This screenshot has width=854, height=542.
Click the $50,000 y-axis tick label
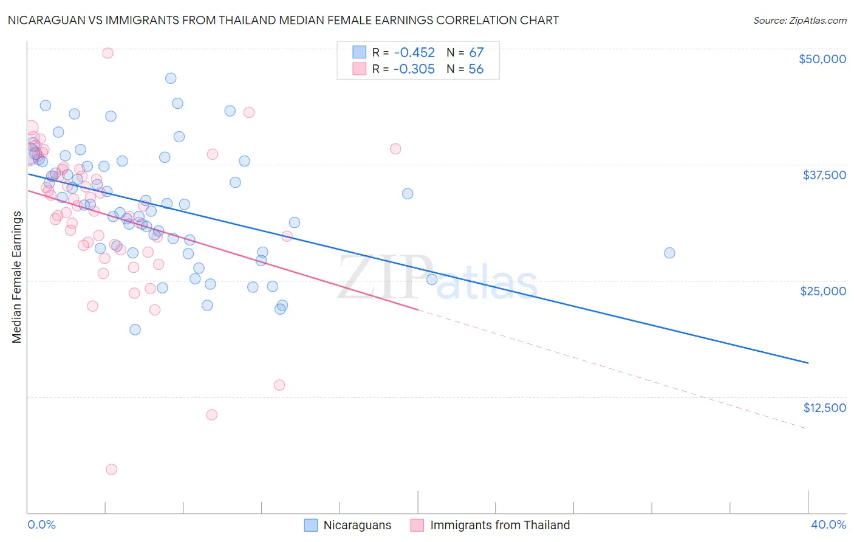[x=822, y=59]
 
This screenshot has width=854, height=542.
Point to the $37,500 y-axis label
[x=824, y=175]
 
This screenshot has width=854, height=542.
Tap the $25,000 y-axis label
[x=822, y=291]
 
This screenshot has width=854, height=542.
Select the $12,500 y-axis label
[x=824, y=408]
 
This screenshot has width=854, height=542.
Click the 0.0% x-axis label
[x=41, y=524]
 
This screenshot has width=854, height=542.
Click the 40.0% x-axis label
[x=828, y=524]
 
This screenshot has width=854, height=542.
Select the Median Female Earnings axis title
[x=17, y=277]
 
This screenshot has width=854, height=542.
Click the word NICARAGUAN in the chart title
[x=47, y=20]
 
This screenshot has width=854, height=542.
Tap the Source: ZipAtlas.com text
[x=799, y=20]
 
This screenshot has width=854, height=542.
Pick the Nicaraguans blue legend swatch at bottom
[x=311, y=525]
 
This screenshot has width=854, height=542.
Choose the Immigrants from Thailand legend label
[x=500, y=525]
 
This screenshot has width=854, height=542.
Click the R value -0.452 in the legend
[x=414, y=52]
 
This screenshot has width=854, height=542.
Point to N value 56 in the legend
[x=476, y=69]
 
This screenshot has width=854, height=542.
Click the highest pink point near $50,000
[x=108, y=53]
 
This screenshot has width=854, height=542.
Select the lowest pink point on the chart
[x=111, y=469]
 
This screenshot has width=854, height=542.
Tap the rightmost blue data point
[x=669, y=253]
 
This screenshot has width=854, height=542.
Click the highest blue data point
[x=171, y=78]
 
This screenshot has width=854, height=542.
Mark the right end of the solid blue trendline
[x=808, y=363]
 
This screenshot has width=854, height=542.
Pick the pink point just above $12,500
[x=279, y=385]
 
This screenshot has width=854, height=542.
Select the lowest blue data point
[x=135, y=329]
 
